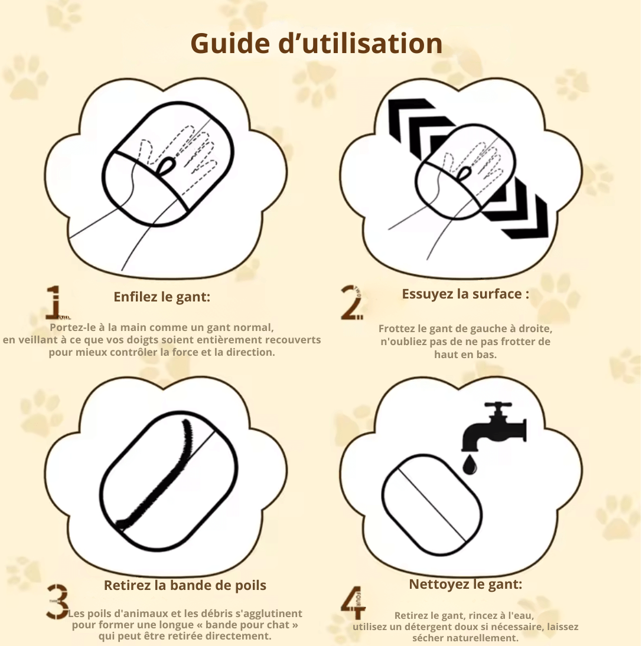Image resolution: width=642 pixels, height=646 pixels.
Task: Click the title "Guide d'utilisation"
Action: click(x=316, y=43)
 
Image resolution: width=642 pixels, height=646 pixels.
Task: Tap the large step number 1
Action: click(x=55, y=303)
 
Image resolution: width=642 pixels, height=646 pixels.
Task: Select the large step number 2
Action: click(x=352, y=303)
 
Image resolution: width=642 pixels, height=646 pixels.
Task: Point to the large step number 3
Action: click(x=57, y=602)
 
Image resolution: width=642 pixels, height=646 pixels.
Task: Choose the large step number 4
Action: click(x=353, y=603)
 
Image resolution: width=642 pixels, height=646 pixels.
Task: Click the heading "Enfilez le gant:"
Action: click(x=162, y=297)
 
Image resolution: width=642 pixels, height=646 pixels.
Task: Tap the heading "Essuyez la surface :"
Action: click(x=465, y=294)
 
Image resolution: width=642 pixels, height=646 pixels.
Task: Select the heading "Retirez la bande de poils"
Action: click(x=185, y=585)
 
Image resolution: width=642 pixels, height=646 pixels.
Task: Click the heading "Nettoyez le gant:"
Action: click(x=465, y=584)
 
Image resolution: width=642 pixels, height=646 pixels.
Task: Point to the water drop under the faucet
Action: click(x=469, y=465)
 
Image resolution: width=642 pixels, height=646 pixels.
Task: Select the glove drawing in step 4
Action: click(x=432, y=504)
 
